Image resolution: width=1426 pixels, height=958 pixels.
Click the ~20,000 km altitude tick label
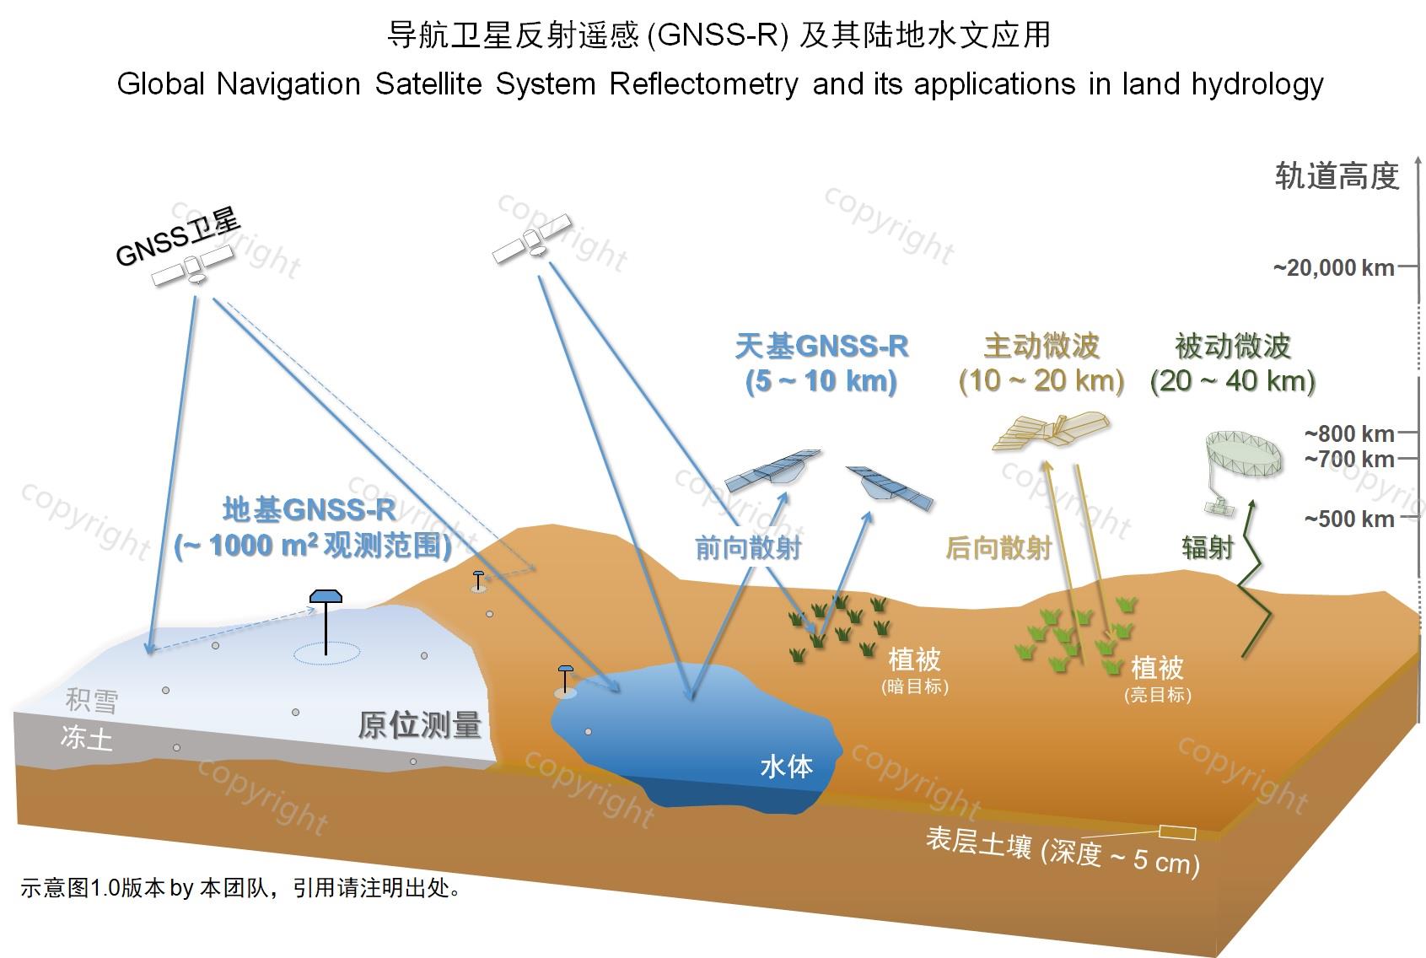pyautogui.click(x=1334, y=268)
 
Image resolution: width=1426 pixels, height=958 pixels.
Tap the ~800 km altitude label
pyautogui.click(x=1349, y=433)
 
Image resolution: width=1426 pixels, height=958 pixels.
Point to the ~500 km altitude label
pyautogui.click(x=1349, y=519)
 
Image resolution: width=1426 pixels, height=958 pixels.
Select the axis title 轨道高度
pyautogui.click(x=1337, y=176)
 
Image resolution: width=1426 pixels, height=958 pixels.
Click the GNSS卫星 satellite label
pyautogui.click(x=178, y=237)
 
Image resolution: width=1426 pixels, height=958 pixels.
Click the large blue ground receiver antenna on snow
pyautogui.click(x=326, y=622)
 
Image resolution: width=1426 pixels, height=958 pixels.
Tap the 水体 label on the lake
pyautogui.click(x=787, y=767)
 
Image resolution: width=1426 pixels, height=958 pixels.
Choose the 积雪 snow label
pyautogui.click(x=92, y=700)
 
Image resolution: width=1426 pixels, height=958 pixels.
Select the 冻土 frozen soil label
pyautogui.click(x=87, y=738)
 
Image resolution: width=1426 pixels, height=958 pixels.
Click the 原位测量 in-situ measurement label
pyautogui.click(x=419, y=725)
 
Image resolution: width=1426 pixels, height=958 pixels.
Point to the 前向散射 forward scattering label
pyautogui.click(x=748, y=548)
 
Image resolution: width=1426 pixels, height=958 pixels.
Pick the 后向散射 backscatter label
pyautogui.click(x=998, y=548)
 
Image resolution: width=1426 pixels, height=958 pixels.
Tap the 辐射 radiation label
pyautogui.click(x=1208, y=547)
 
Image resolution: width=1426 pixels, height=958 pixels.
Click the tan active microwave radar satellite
pyautogui.click(x=1052, y=430)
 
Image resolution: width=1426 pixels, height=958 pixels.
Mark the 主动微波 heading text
pyautogui.click(x=1041, y=347)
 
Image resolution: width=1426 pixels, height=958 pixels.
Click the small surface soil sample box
pyautogui.click(x=1177, y=832)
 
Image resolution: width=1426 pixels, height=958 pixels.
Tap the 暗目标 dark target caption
pyautogui.click(x=916, y=686)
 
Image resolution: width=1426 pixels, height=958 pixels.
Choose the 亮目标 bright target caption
pyautogui.click(x=1158, y=695)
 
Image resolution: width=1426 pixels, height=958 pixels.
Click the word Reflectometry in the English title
pyautogui.click(x=703, y=84)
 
